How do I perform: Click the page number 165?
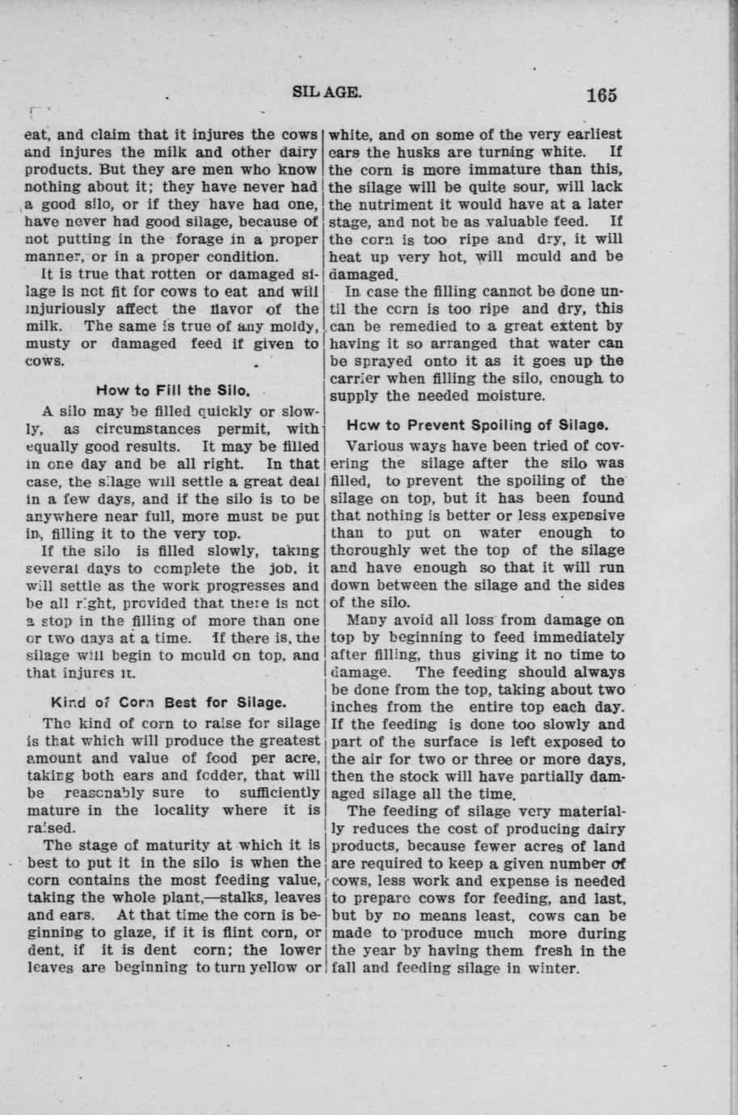[x=601, y=95]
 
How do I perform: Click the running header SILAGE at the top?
[x=327, y=91]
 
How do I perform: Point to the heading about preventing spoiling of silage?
[x=477, y=424]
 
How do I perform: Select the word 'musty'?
[x=48, y=344]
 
